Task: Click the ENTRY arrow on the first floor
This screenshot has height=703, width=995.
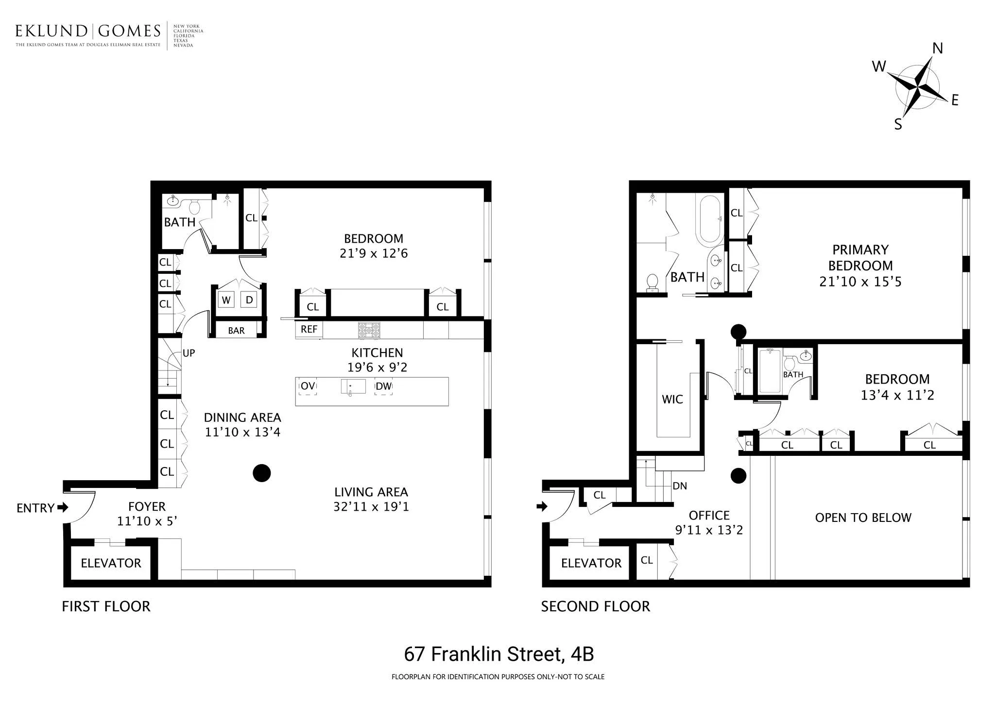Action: [x=63, y=507]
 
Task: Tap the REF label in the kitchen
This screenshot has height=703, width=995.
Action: [x=309, y=329]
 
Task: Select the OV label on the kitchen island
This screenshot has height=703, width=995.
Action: [x=308, y=386]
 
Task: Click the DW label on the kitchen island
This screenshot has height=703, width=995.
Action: [x=383, y=386]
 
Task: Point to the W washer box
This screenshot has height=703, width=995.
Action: [x=226, y=300]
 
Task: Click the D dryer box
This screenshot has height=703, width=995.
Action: [x=249, y=300]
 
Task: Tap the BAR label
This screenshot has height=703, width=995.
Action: [x=236, y=331]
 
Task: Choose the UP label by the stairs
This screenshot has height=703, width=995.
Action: [x=189, y=353]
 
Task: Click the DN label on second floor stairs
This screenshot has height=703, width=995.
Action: [x=680, y=486]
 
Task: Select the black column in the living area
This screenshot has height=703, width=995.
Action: [x=261, y=473]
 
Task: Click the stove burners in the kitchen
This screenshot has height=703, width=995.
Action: [x=369, y=330]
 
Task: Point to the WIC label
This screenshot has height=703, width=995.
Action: [x=672, y=400]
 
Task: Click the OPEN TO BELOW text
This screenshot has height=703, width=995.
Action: [x=863, y=518]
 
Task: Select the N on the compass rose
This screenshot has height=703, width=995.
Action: [x=938, y=49]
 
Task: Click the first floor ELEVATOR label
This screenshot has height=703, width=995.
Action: [x=111, y=563]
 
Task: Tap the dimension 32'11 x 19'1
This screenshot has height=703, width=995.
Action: [x=371, y=507]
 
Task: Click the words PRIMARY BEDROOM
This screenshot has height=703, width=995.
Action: [x=860, y=258]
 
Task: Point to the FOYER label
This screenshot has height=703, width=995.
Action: [x=147, y=507]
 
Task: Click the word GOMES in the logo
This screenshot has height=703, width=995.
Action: [x=129, y=32]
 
